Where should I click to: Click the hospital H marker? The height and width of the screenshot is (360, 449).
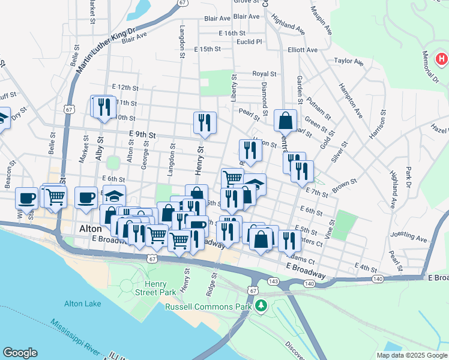tap(442, 59)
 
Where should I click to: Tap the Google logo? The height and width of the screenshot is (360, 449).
tap(20, 353)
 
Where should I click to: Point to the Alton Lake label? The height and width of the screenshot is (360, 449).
tap(83, 304)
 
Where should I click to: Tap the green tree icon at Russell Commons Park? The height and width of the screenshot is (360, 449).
tap(261, 306)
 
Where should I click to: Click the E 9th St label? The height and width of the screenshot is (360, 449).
tap(142, 136)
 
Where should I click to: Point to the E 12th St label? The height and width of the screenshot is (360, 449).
tap(124, 87)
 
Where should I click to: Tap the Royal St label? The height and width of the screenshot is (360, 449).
tap(264, 74)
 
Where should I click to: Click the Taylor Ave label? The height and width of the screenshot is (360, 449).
tap(349, 61)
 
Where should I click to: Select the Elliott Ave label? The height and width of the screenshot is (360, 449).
tap(303, 50)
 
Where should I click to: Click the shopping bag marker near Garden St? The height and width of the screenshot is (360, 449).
tap(286, 120)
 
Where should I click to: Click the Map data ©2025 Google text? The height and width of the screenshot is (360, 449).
tap(412, 355)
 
